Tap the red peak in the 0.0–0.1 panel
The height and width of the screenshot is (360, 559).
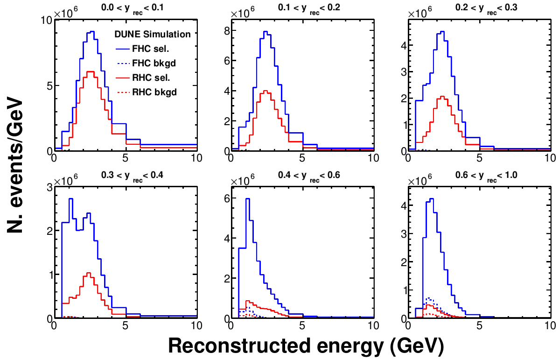tap(91, 71)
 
